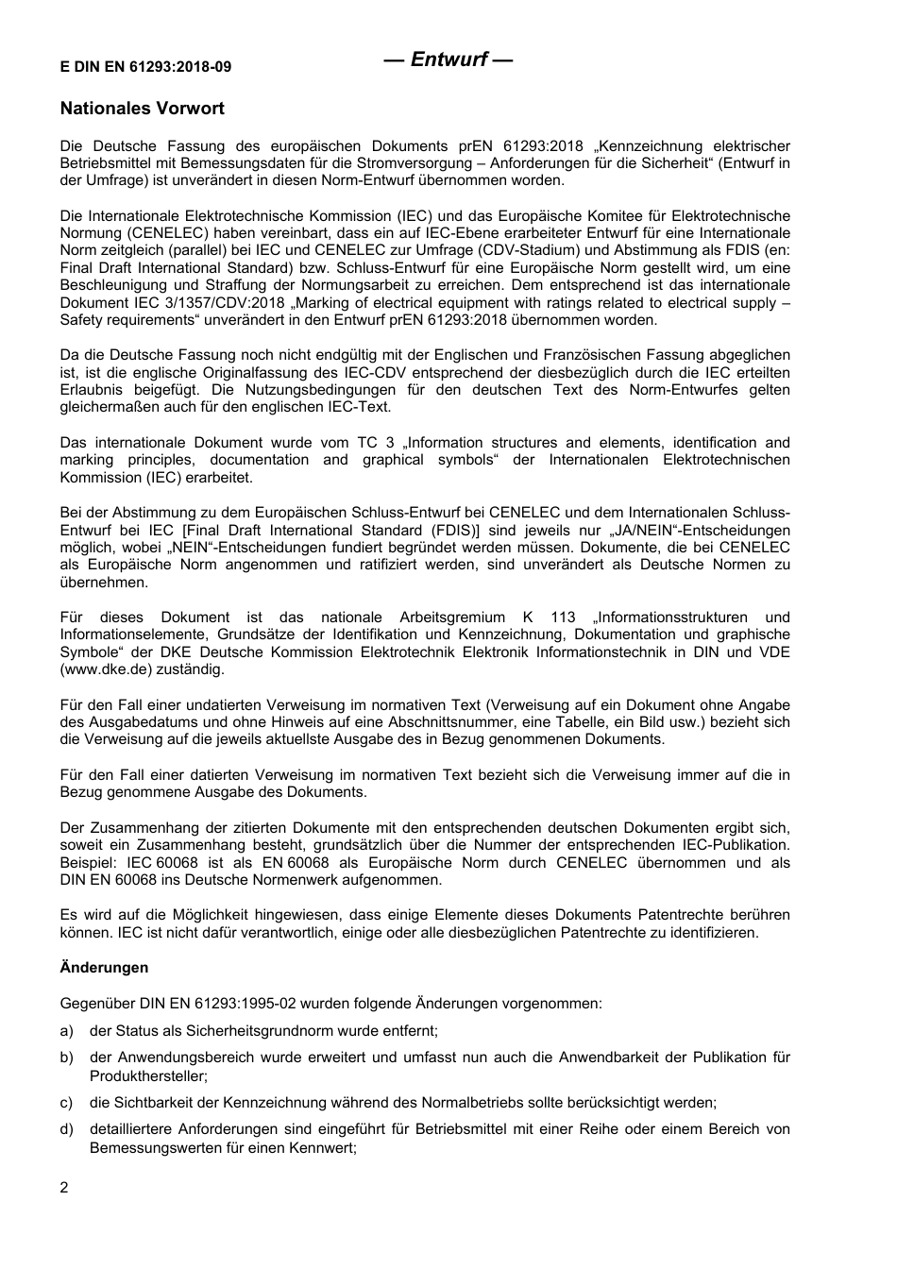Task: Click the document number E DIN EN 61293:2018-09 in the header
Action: [x=145, y=66]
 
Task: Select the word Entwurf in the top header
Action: [x=448, y=59]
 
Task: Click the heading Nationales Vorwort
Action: [x=142, y=109]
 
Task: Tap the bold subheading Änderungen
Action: [x=104, y=967]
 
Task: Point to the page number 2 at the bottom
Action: [x=64, y=1187]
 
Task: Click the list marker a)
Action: [x=66, y=1031]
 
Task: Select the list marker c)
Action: [x=66, y=1102]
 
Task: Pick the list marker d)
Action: [x=66, y=1128]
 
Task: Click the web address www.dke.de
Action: [x=99, y=669]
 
